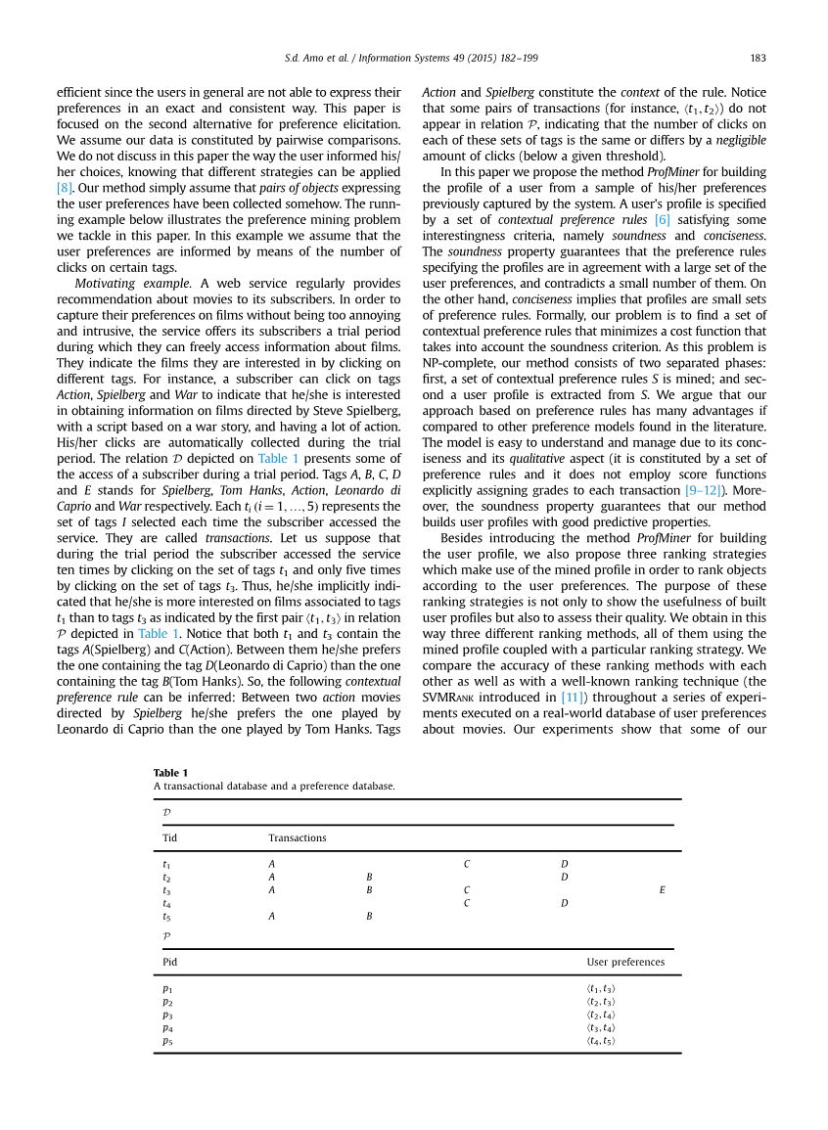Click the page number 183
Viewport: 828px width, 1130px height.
click(x=758, y=57)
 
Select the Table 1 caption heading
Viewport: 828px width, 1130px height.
click(x=170, y=773)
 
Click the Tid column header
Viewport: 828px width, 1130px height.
click(x=169, y=837)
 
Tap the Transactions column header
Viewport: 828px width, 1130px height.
click(x=298, y=837)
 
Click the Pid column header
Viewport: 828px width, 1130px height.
click(x=169, y=962)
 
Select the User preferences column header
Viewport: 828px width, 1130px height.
click(x=625, y=962)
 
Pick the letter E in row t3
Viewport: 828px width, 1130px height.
click(x=663, y=890)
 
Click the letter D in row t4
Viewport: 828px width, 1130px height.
click(x=565, y=903)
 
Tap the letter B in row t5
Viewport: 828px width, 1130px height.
click(x=369, y=917)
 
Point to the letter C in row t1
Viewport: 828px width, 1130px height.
click(x=467, y=865)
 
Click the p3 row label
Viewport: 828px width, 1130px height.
click(x=167, y=1016)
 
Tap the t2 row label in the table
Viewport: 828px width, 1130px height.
click(x=166, y=878)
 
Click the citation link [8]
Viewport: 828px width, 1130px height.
click(x=65, y=186)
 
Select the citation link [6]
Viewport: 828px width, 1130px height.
click(x=662, y=220)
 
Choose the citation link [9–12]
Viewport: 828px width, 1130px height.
click(x=706, y=489)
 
